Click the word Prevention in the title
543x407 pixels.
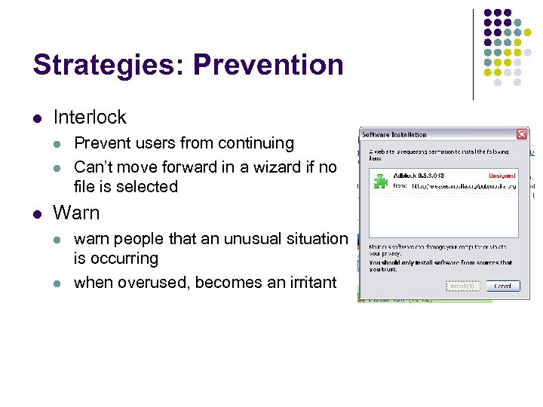tap(268, 65)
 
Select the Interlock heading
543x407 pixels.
tap(90, 118)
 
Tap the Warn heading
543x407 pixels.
tap(76, 213)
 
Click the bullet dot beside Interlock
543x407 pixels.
tap(36, 118)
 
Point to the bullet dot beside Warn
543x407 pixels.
tap(36, 214)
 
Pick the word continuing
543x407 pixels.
tap(256, 143)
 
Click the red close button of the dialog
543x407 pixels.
tap(521, 134)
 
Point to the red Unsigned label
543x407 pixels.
tap(502, 176)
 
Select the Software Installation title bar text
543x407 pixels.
tap(394, 135)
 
